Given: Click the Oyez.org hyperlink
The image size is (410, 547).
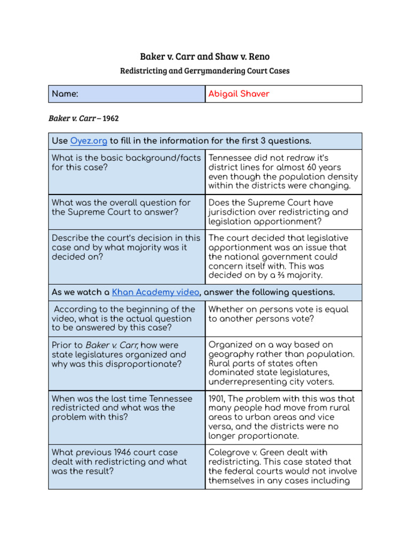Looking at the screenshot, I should pyautogui.click(x=89, y=141).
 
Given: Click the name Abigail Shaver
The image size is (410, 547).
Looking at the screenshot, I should pyautogui.click(x=239, y=94).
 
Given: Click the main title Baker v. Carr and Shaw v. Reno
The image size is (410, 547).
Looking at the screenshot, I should pyautogui.click(x=205, y=57).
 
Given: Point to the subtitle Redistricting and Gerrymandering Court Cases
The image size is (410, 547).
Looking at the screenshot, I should pyautogui.click(x=205, y=71).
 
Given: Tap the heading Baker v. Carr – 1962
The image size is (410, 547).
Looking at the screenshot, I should pyautogui.click(x=83, y=118).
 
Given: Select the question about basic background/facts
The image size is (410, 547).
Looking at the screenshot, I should pyautogui.click(x=126, y=162).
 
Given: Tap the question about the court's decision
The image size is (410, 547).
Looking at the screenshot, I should pyautogui.click(x=126, y=247).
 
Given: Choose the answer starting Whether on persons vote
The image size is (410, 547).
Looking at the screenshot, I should pyautogui.click(x=278, y=314).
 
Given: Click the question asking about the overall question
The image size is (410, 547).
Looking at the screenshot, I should pyautogui.click(x=121, y=207).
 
